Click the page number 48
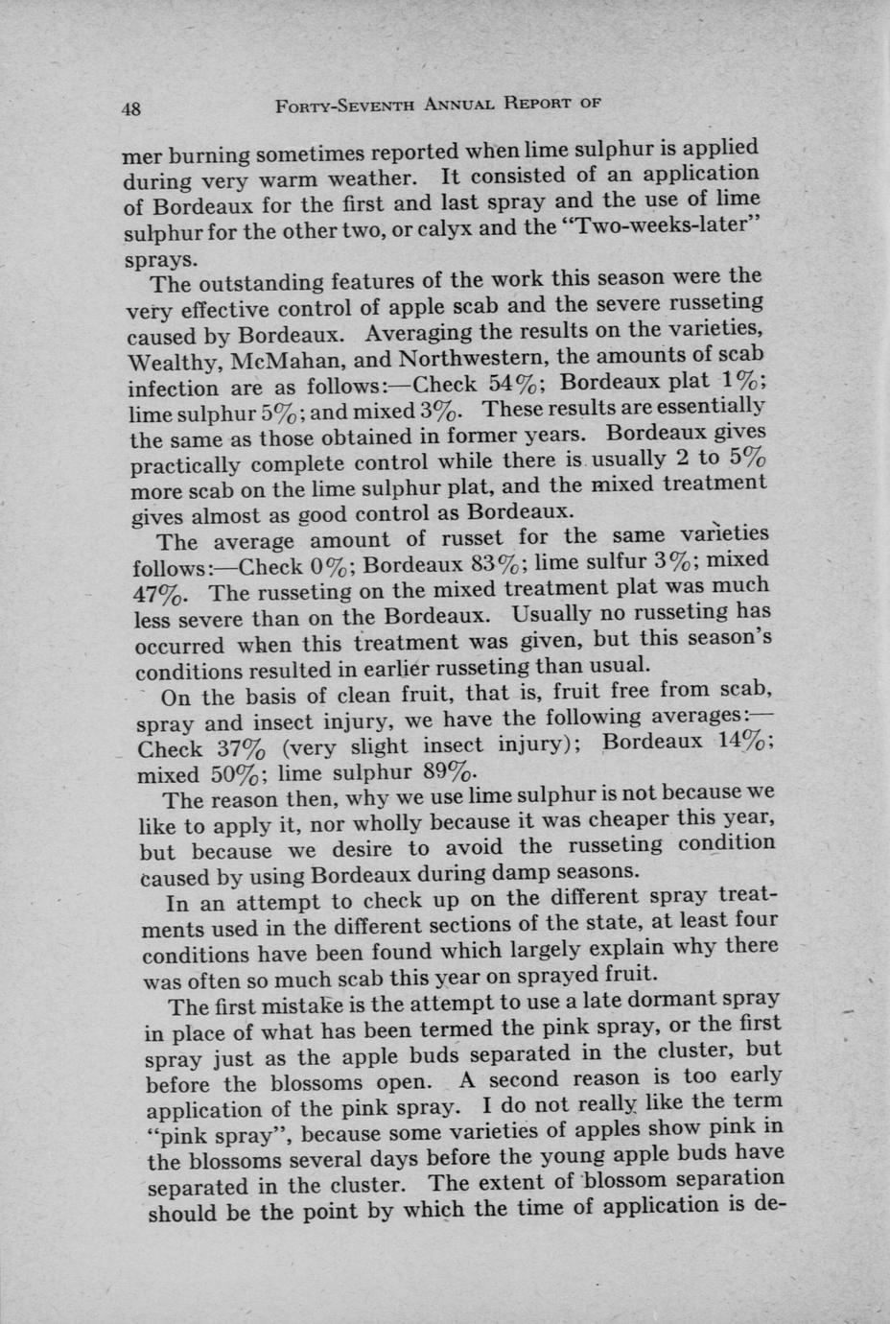pyautogui.click(x=131, y=108)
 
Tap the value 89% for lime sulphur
pyautogui.click(x=448, y=772)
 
